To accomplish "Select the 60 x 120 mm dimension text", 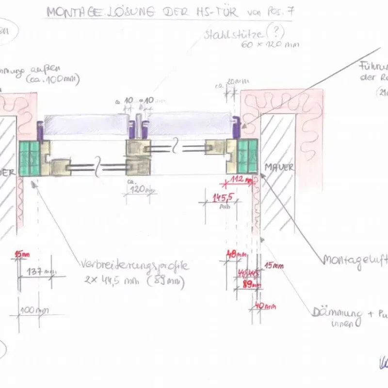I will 270,45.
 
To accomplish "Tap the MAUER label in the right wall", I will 279,167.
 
